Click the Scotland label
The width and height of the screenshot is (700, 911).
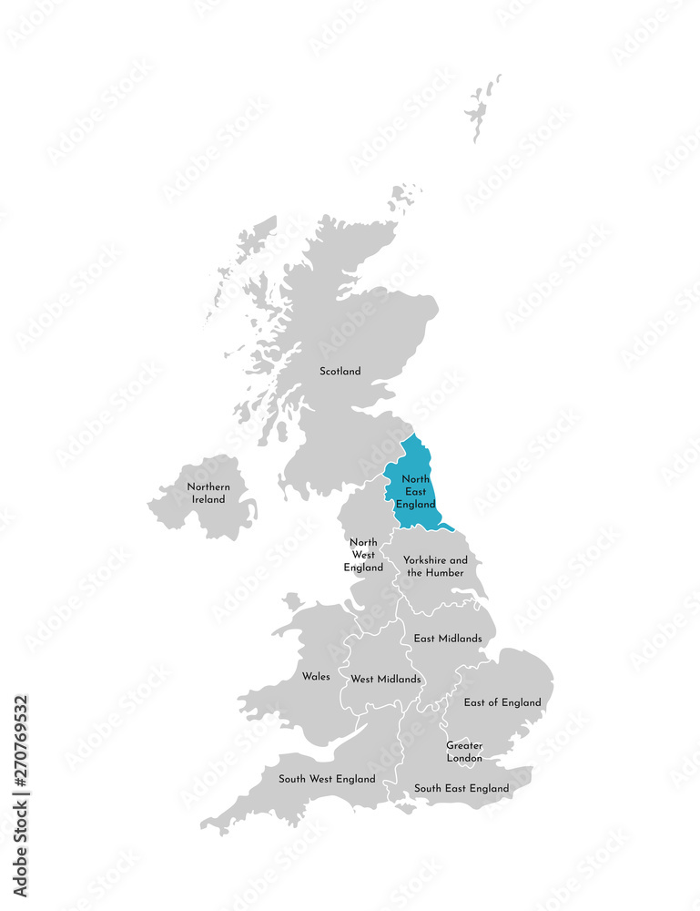tap(340, 371)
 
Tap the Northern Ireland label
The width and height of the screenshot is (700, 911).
tap(208, 493)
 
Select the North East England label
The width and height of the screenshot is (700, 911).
tap(418, 492)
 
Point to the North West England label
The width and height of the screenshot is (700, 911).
tap(363, 555)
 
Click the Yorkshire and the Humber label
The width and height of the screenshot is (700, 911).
tap(435, 566)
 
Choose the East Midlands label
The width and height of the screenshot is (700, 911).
tap(447, 639)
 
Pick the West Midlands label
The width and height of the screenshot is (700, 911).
tap(386, 679)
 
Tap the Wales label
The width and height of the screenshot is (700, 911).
tap(316, 677)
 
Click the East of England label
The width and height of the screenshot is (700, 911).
tap(502, 702)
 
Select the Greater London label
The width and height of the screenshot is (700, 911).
tap(464, 752)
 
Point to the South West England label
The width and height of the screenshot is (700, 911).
tap(327, 779)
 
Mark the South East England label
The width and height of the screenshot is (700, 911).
tap(462, 788)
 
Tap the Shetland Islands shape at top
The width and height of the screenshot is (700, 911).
tap(481, 107)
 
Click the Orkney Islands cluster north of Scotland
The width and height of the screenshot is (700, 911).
tap(404, 195)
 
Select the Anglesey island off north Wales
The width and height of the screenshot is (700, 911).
tap(292, 602)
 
